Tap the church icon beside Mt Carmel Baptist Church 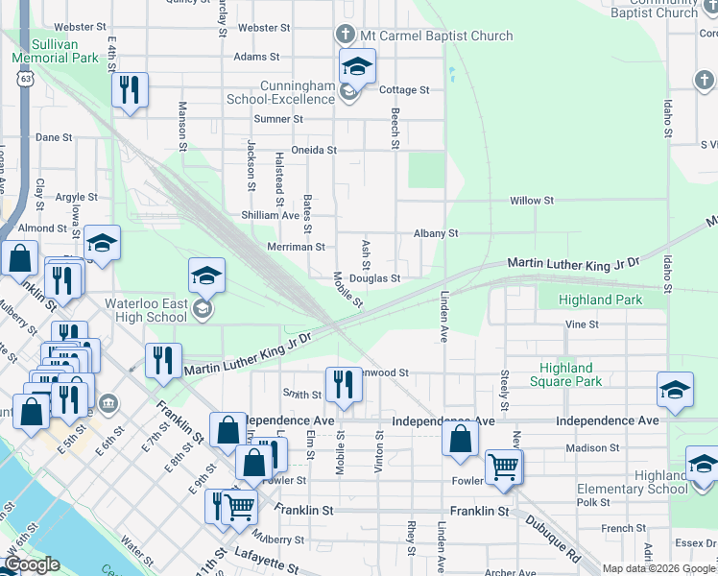pos(346,36)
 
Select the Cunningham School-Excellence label pos(280,92)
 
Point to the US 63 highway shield pos(21,79)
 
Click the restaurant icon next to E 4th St pos(129,90)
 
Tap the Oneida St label pos(314,150)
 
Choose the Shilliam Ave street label pos(271,215)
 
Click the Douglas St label pos(374,278)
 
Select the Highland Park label pos(602,300)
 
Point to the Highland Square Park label pos(566,374)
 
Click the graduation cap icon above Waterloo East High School pos(206,276)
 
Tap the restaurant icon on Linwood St pos(343,384)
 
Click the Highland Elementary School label pos(633,482)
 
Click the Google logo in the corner pos(31,564)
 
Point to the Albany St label pos(436,233)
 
